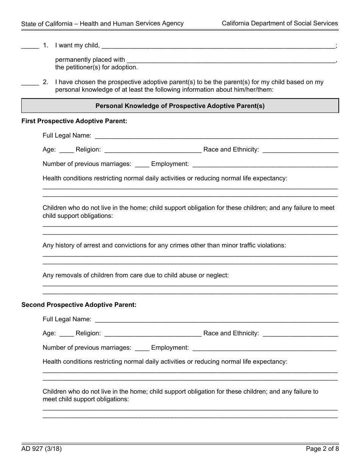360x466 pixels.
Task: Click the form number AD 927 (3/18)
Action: (41, 449)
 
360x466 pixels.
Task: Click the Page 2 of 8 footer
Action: (322, 449)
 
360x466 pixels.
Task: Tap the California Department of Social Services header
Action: (280, 23)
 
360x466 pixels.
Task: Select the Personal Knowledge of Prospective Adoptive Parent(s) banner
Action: (180, 106)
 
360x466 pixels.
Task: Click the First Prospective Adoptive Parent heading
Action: (74, 121)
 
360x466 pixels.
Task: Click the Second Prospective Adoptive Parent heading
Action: (79, 305)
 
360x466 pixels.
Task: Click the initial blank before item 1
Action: (30, 46)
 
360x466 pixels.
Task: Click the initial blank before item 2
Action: (30, 83)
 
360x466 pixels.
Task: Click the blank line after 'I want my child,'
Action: (219, 46)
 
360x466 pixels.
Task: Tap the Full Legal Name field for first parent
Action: (216, 136)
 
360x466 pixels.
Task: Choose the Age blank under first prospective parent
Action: (67, 150)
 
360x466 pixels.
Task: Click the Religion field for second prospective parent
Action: (153, 334)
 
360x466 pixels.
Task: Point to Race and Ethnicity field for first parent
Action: (300, 150)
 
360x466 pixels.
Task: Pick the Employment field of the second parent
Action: (265, 348)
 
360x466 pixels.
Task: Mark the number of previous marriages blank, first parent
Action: (142, 165)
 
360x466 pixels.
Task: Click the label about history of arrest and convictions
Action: (164, 246)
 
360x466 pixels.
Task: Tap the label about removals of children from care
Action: (136, 275)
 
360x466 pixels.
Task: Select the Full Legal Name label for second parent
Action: (67, 319)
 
